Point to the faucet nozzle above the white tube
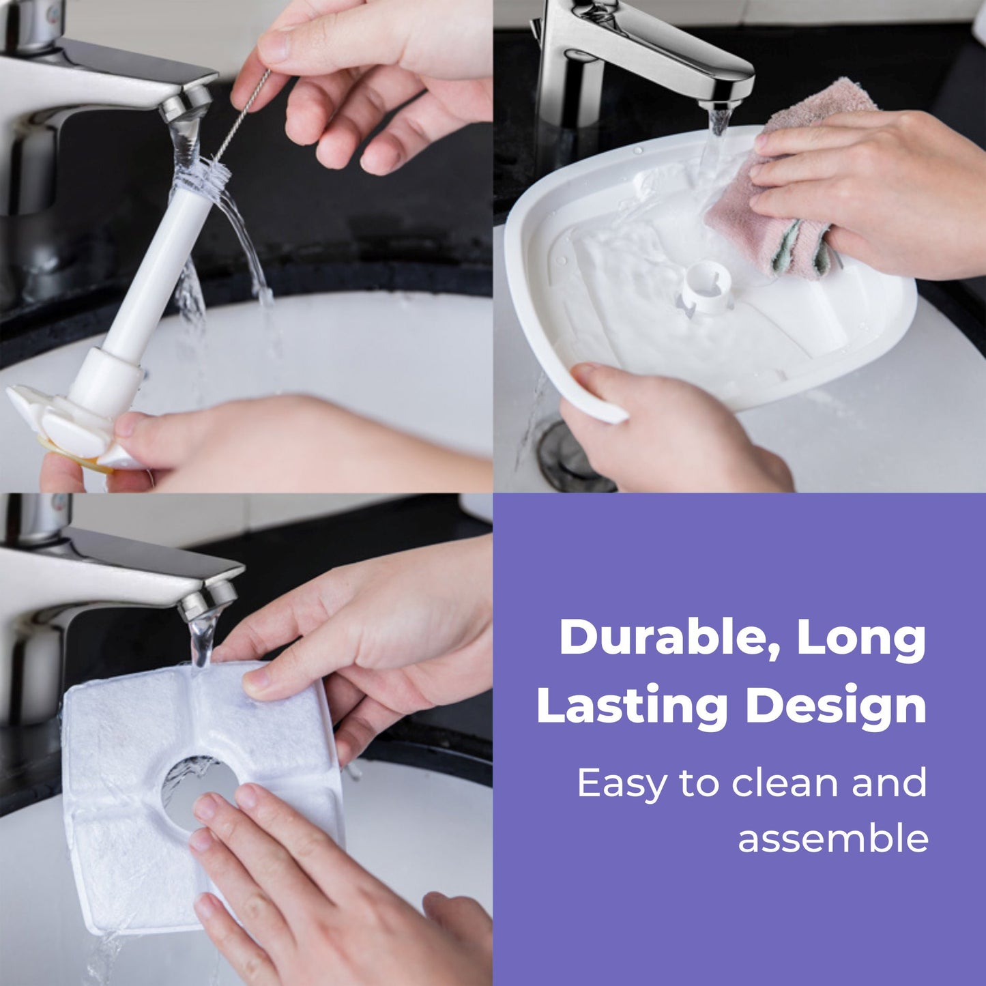(x=186, y=103)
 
